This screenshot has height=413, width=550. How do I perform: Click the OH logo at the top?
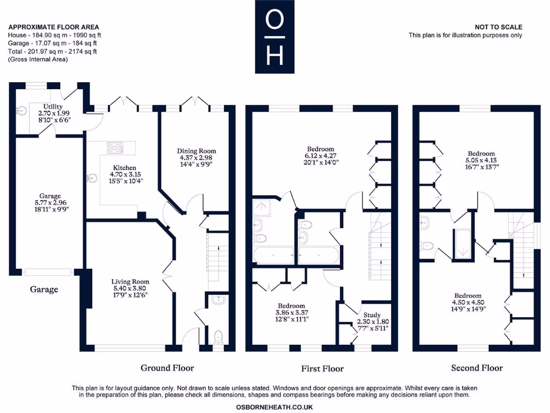pyautogui.click(x=274, y=37)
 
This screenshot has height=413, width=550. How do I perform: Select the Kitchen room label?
pyautogui.click(x=124, y=168)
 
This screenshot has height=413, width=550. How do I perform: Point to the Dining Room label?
pyautogui.click(x=198, y=151)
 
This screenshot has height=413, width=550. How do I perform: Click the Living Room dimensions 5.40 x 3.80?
pyautogui.click(x=130, y=288)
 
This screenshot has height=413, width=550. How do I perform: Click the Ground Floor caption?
pyautogui.click(x=167, y=368)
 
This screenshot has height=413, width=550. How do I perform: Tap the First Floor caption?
pyautogui.click(x=322, y=368)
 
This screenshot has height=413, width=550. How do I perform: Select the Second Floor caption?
pyautogui.click(x=476, y=368)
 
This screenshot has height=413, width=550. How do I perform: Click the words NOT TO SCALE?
pyautogui.click(x=498, y=27)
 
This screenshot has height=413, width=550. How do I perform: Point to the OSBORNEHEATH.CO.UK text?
pyautogui.click(x=274, y=407)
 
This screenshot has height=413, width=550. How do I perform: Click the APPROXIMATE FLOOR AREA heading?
pyautogui.click(x=54, y=27)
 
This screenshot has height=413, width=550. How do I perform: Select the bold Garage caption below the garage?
pyautogui.click(x=44, y=289)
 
